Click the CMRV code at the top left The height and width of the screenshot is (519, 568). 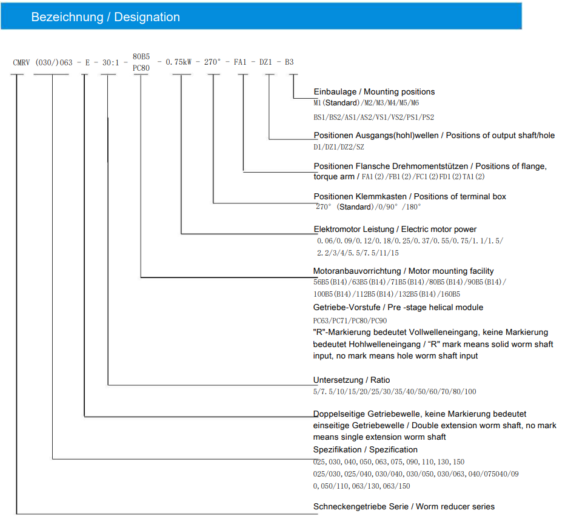pos(22,62)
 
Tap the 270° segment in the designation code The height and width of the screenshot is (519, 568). pos(213,62)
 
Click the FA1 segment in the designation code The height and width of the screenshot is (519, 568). pos(241,62)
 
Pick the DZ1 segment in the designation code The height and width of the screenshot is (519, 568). pos(267,62)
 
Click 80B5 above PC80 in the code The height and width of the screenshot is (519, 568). pos(141,56)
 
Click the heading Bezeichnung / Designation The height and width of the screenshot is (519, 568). pos(105,18)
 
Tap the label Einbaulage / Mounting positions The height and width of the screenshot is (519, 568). pos(374,92)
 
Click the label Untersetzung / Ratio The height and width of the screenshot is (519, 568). pos(352,380)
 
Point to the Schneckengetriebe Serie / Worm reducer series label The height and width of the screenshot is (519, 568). pos(404,506)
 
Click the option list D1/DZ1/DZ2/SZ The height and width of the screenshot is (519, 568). pos(339,147)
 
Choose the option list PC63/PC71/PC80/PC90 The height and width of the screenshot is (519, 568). pos(350,320)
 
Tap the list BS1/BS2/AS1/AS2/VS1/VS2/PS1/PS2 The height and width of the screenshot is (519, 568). pos(373,117)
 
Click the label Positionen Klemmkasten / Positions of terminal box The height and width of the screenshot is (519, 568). pos(410,196)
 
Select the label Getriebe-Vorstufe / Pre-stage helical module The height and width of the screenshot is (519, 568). pos(398,308)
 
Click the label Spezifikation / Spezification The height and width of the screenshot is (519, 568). pos(366,449)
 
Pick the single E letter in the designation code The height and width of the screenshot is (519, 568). pos(87,62)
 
